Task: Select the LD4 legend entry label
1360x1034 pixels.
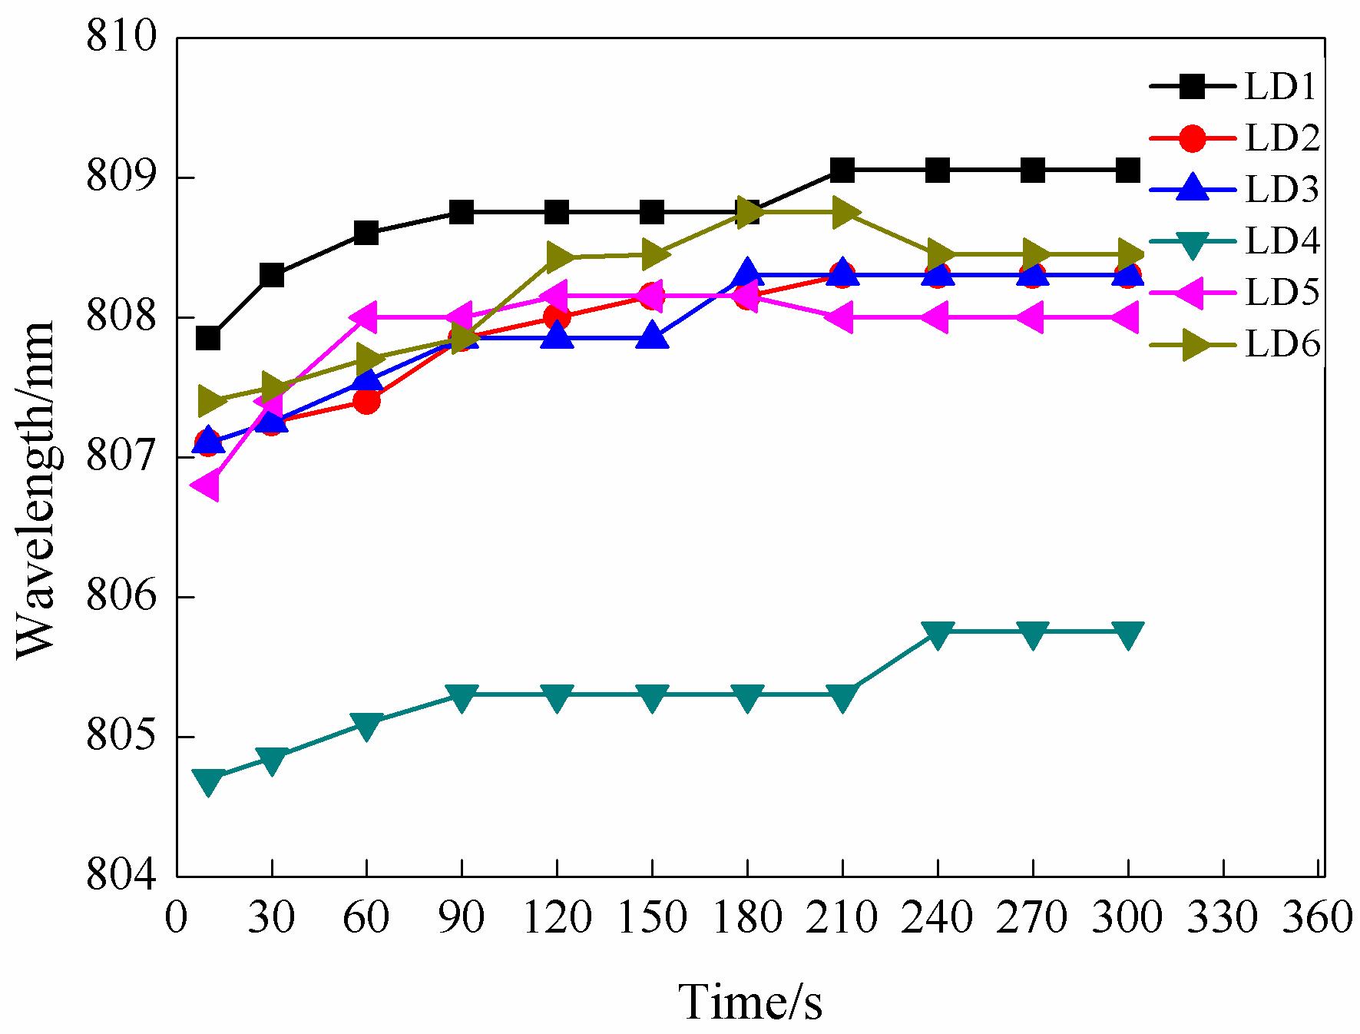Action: coord(1282,241)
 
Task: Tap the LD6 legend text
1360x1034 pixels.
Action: coord(1282,345)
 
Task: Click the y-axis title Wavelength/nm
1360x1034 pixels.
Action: coord(36,488)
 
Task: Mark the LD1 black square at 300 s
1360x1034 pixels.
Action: coord(1127,171)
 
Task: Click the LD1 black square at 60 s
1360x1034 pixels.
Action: coord(366,233)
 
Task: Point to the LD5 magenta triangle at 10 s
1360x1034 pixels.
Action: coord(207,486)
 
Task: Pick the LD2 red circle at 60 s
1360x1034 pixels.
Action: coord(366,400)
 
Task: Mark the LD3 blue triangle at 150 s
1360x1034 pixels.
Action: coord(652,336)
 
